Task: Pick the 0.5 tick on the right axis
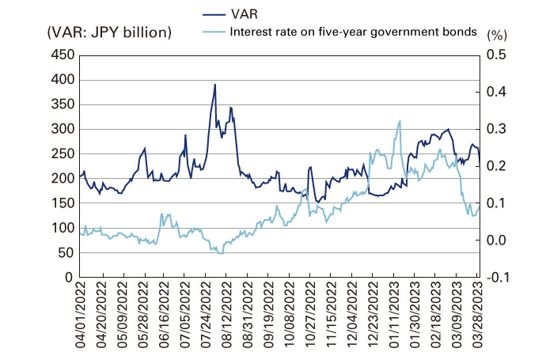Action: coord(497,55)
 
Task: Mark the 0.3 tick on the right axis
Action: coord(497,129)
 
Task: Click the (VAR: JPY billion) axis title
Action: coord(109,32)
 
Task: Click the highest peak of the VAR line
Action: coord(215,84)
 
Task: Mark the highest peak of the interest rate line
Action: coord(400,120)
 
